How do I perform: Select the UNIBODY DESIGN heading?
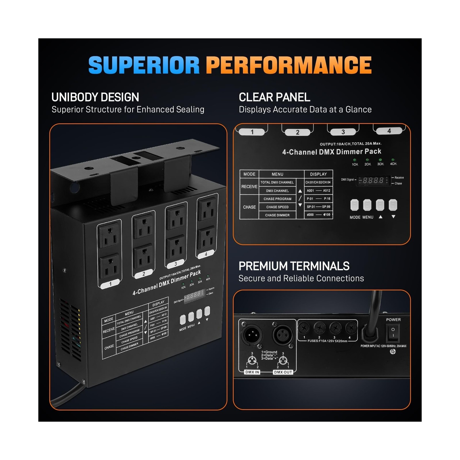point(95,97)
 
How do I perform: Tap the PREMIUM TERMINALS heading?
point(294,266)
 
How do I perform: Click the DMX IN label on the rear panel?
point(252,372)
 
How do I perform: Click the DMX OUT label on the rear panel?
point(283,372)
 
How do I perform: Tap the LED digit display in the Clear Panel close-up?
point(373,180)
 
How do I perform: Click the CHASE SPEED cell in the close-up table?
point(277,207)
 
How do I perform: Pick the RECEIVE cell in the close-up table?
point(249,187)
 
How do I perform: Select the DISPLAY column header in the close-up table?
point(318,174)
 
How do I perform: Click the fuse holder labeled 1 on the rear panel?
point(304,327)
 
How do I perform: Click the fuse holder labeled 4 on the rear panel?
point(350,327)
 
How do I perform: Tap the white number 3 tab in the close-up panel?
point(343,132)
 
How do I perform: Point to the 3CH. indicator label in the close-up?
point(380,164)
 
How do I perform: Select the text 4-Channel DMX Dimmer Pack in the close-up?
point(331,152)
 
